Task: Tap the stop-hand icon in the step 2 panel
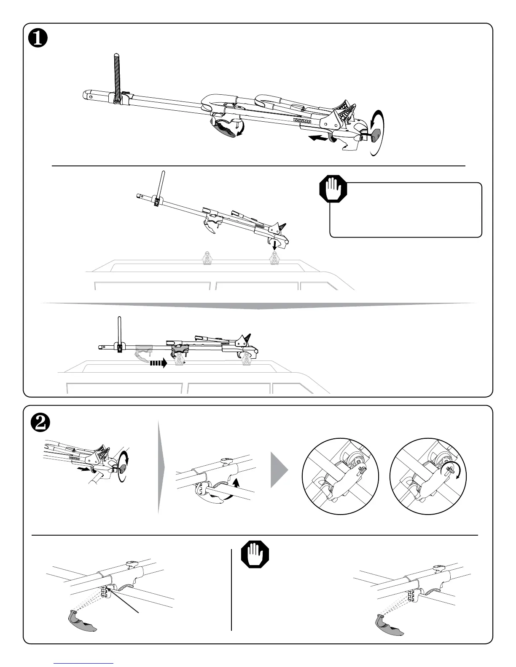tap(255, 555)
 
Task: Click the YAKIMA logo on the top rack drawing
tap(302, 121)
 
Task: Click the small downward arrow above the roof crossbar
tap(274, 245)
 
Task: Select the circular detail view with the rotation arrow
tap(428, 476)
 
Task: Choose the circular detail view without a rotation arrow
tap(341, 476)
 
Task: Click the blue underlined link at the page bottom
tap(84, 663)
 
